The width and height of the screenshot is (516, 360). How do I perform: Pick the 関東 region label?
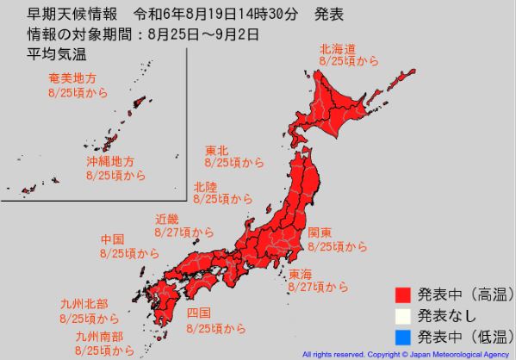[x=320, y=232]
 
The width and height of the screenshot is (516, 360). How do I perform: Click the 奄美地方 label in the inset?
[x=74, y=78]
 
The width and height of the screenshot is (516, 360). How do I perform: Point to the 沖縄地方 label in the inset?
[x=109, y=161]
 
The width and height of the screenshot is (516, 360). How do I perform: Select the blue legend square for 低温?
[x=401, y=336]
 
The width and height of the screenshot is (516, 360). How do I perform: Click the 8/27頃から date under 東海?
[x=319, y=287]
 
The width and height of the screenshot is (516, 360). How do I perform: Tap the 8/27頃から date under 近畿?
[x=184, y=233]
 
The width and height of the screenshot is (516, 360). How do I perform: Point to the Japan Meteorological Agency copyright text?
[x=406, y=354]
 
